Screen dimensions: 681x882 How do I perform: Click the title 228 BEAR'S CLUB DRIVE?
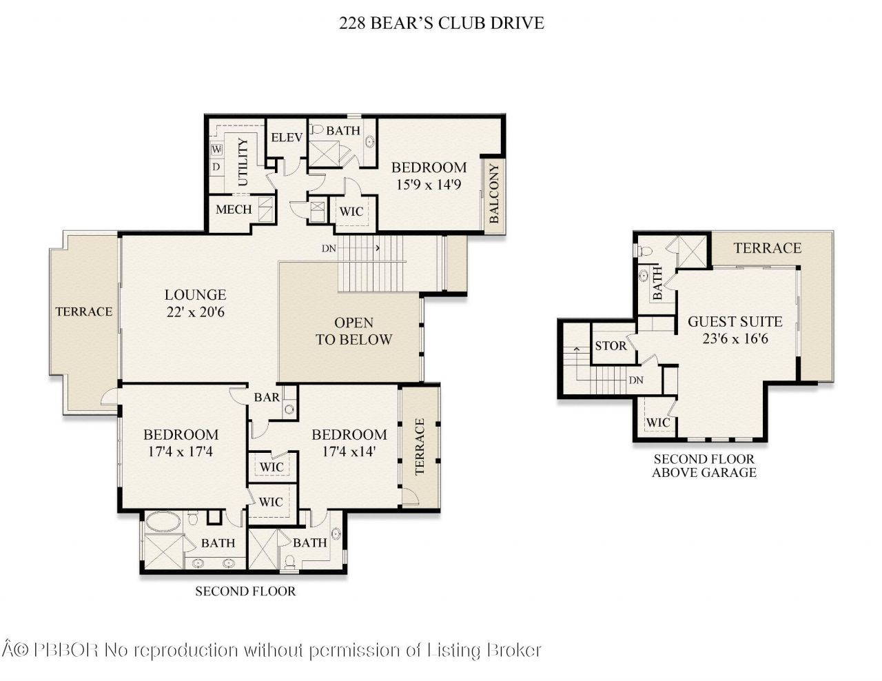pyautogui.click(x=441, y=23)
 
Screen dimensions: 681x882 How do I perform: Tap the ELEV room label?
pyautogui.click(x=287, y=137)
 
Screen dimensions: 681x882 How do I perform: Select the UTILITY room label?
pyautogui.click(x=243, y=163)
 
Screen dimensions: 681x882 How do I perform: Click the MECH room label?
pyautogui.click(x=234, y=209)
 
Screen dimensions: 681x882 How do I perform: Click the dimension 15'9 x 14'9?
pyautogui.click(x=429, y=184)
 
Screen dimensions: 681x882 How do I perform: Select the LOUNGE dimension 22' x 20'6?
pyautogui.click(x=195, y=312)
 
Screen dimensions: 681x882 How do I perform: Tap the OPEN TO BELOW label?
pyautogui.click(x=353, y=331)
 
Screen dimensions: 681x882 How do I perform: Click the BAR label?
pyautogui.click(x=267, y=397)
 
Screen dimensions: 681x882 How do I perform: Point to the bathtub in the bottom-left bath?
pyautogui.click(x=163, y=522)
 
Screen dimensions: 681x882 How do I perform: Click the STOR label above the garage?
pyautogui.click(x=611, y=345)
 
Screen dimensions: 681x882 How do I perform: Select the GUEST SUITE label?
pyautogui.click(x=735, y=321)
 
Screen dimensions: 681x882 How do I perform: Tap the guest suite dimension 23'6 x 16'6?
pyautogui.click(x=735, y=338)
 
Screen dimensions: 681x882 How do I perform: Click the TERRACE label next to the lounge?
pyautogui.click(x=83, y=312)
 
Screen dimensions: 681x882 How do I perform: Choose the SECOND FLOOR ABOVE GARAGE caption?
pyautogui.click(x=704, y=466)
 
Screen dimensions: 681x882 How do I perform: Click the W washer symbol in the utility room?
pyautogui.click(x=217, y=150)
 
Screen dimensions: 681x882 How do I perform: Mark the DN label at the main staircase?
pyautogui.click(x=328, y=248)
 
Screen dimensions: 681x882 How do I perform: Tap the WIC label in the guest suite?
pyautogui.click(x=658, y=423)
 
